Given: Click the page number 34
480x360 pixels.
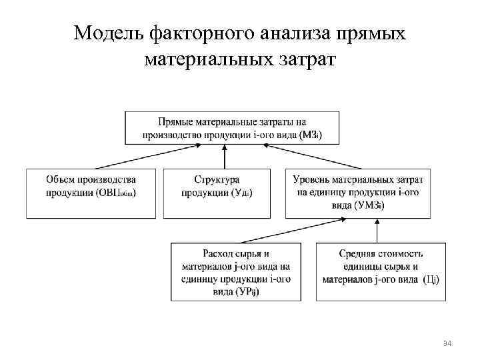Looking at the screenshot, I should pyautogui.click(x=447, y=343).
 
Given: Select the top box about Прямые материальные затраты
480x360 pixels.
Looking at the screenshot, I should pyautogui.click(x=232, y=127).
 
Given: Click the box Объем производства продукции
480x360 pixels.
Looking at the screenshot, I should pyautogui.click(x=91, y=193).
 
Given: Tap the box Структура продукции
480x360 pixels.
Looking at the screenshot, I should pyautogui.click(x=217, y=193).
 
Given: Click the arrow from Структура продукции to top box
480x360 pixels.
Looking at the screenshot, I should pyautogui.click(x=225, y=157).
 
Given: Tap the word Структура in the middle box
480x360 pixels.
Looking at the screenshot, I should pyautogui.click(x=217, y=180).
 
